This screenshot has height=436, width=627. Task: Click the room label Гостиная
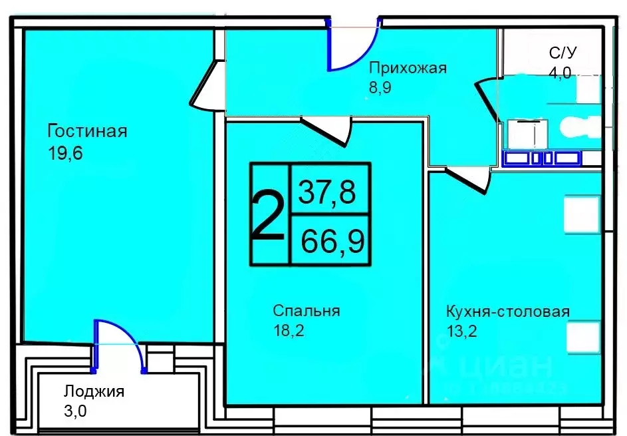(86, 130)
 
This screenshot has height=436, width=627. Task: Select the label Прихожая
(408, 67)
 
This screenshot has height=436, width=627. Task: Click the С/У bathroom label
(562, 53)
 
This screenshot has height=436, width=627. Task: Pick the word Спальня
(306, 310)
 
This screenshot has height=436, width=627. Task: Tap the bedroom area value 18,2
(289, 330)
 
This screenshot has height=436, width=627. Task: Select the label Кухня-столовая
(507, 312)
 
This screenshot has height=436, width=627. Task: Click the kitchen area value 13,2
(462, 331)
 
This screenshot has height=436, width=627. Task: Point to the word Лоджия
(94, 391)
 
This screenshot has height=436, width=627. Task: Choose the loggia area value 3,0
(75, 411)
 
